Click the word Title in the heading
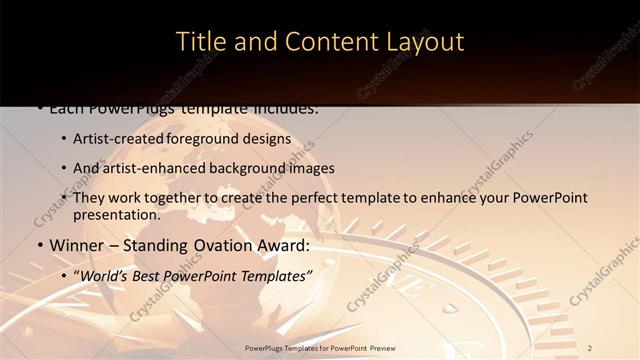[x=199, y=42]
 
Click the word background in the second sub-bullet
[x=242, y=168]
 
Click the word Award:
[x=287, y=245]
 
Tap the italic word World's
[x=108, y=274]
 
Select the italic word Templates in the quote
[x=275, y=274]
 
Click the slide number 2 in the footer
[x=590, y=347]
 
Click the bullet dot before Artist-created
[x=63, y=139]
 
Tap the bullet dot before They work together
[x=63, y=198]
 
